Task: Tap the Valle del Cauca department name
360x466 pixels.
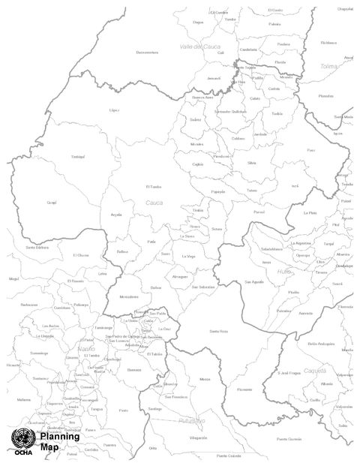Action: click(199, 47)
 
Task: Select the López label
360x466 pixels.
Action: click(114, 110)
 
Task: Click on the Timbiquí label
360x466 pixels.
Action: click(78, 156)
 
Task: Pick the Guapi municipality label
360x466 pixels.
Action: click(52, 202)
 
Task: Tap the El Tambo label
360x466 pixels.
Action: click(153, 186)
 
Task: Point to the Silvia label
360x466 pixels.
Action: click(251, 162)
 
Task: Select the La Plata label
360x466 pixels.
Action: click(310, 212)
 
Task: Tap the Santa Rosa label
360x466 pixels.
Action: click(218, 331)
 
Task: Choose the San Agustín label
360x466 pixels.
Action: click(253, 281)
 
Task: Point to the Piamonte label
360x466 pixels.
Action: click(244, 389)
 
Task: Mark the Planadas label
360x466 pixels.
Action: click(325, 96)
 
